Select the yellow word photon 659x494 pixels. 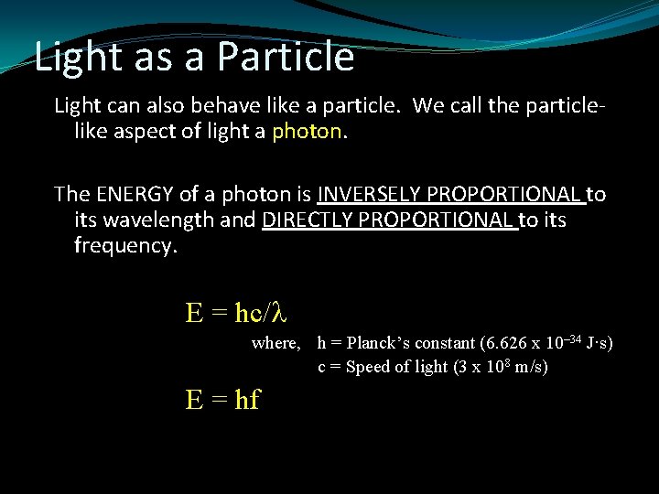(x=306, y=132)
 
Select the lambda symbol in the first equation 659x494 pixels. (x=280, y=313)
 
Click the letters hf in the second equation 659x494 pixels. (x=247, y=400)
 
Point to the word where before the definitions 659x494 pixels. (x=275, y=343)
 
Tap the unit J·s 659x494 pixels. (x=597, y=343)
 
